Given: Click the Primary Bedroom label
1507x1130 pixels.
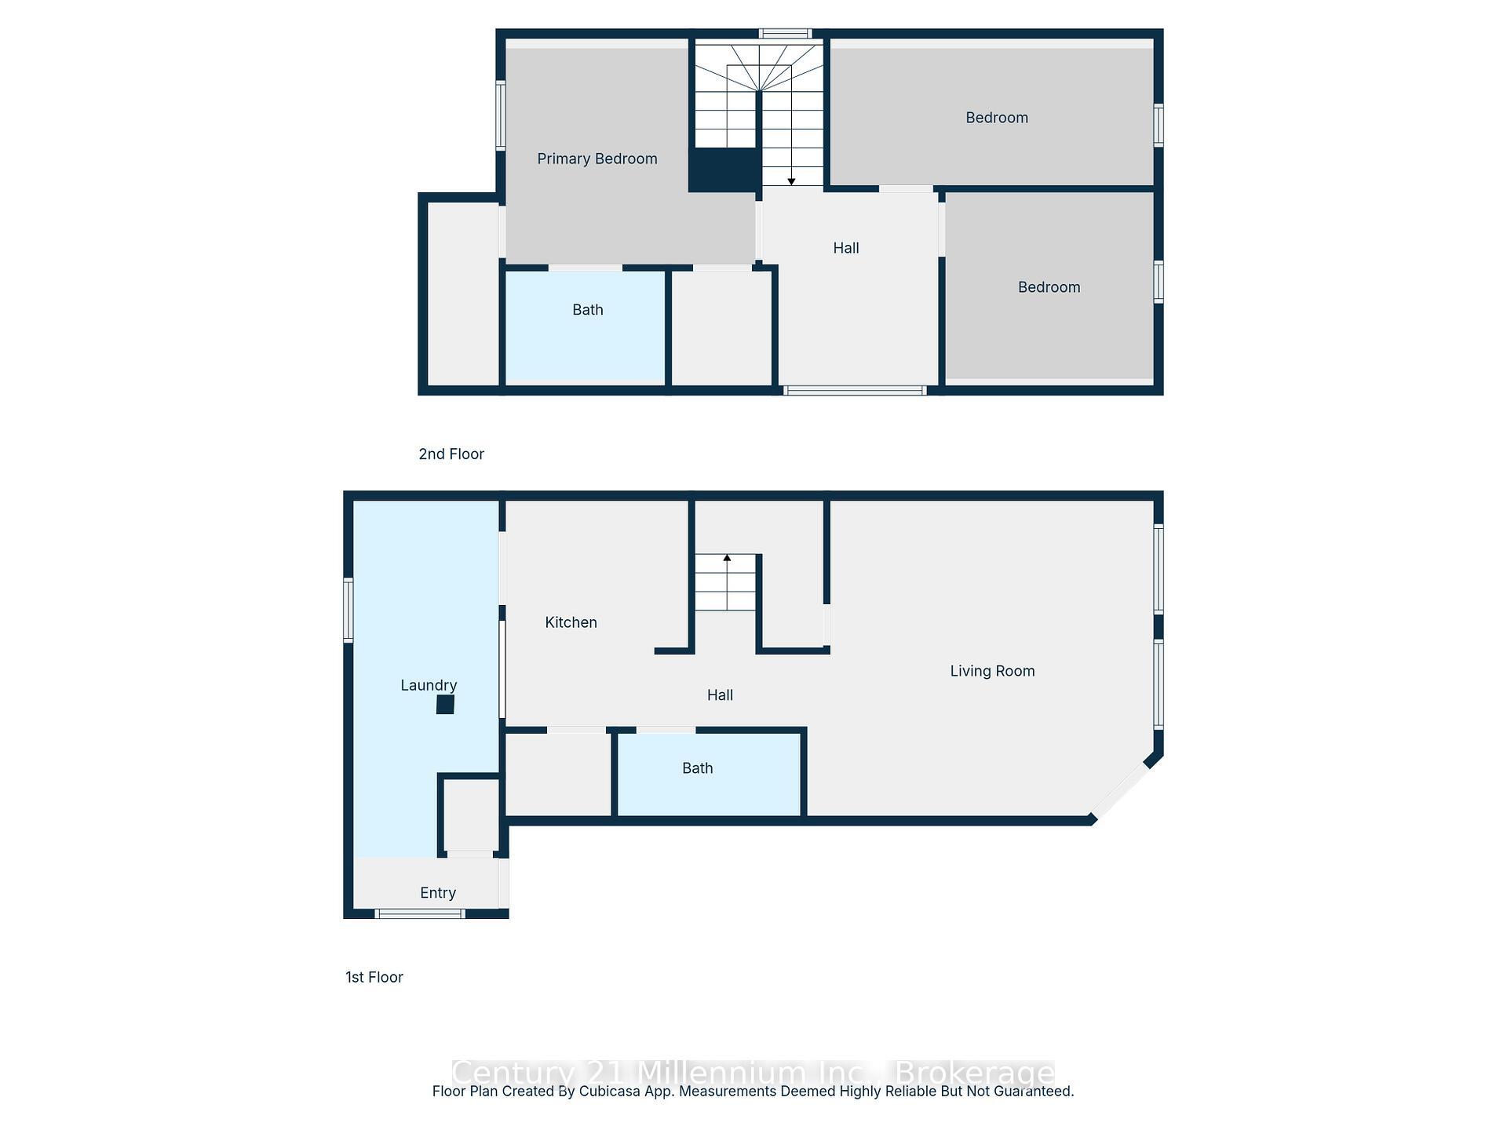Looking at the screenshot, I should pyautogui.click(x=597, y=159).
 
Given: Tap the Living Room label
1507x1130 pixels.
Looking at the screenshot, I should pyautogui.click(x=992, y=671).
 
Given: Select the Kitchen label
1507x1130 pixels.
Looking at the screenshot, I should pyautogui.click(x=571, y=622).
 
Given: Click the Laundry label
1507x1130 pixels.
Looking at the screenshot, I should pyautogui.click(x=428, y=685).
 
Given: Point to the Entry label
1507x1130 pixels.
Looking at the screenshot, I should pyautogui.click(x=437, y=893).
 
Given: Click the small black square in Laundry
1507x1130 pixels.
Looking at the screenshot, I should pyautogui.click(x=445, y=705).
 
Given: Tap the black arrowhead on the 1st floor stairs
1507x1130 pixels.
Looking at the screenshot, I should pyautogui.click(x=727, y=558).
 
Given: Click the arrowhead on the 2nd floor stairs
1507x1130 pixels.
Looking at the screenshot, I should pyautogui.click(x=791, y=181).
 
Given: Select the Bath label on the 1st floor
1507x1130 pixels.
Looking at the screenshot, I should pyautogui.click(x=697, y=768).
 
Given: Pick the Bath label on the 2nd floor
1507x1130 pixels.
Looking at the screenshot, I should pyautogui.click(x=587, y=310).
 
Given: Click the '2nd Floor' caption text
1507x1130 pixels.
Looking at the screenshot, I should pyautogui.click(x=451, y=454).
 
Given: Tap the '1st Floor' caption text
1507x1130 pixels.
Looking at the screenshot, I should pyautogui.click(x=374, y=977).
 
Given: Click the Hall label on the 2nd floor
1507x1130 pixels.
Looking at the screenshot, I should pyautogui.click(x=845, y=248).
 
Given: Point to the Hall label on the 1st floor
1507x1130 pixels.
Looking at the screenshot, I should pyautogui.click(x=719, y=695).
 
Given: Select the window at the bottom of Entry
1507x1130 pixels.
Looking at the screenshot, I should pyautogui.click(x=420, y=913).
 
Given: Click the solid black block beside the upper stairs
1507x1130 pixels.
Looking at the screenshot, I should pyautogui.click(x=724, y=169).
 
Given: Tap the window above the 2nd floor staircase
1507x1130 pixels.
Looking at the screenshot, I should pyautogui.click(x=785, y=34).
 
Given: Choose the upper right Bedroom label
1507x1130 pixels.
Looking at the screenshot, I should pyautogui.click(x=996, y=118).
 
